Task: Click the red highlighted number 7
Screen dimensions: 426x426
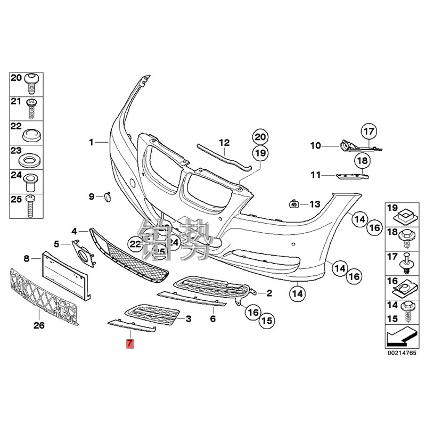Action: (x=129, y=343)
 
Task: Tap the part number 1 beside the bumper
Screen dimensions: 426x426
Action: (x=91, y=142)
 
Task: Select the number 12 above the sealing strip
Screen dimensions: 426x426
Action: (x=224, y=142)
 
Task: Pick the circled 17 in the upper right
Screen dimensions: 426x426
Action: (x=368, y=130)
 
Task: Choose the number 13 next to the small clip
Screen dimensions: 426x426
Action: (x=315, y=204)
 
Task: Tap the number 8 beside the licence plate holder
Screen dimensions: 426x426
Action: (x=26, y=259)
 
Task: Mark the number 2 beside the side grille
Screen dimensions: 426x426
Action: (x=269, y=292)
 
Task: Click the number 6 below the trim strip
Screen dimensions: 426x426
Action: (x=212, y=319)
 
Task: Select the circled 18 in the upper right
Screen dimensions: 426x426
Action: (x=362, y=160)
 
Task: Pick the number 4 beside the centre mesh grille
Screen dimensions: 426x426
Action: (x=75, y=231)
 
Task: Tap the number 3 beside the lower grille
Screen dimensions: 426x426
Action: (x=188, y=319)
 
